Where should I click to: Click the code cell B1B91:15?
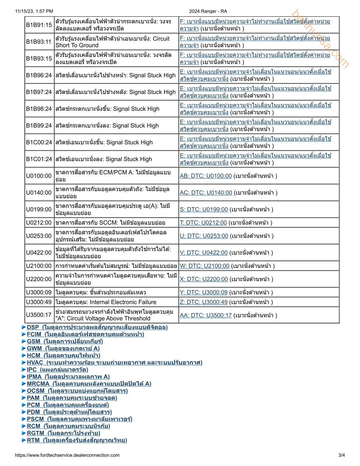pyautogui.click(x=39, y=25)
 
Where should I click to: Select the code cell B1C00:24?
pyautogui.click(x=39, y=142)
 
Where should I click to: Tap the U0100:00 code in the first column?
pyautogui.click(x=39, y=176)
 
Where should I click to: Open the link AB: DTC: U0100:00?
pyautogui.click(x=206, y=176)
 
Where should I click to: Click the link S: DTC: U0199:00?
pyautogui.click(x=204, y=209)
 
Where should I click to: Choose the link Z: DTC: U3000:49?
pyautogui.click(x=204, y=302)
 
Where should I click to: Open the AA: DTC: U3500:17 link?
pyautogui.click(x=206, y=315)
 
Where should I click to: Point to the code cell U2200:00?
pyautogui.click(x=39, y=279)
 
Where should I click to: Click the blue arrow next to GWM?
pyautogui.click(x=24, y=349)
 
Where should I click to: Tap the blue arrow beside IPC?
pyautogui.click(x=24, y=370)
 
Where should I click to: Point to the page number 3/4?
pyautogui.click(x=341, y=455)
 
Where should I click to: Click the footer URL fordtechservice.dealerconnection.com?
pyautogui.click(x=67, y=455)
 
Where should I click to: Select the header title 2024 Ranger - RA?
pyautogui.click(x=208, y=11)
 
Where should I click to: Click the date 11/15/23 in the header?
pyautogui.click(x=24, y=11)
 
